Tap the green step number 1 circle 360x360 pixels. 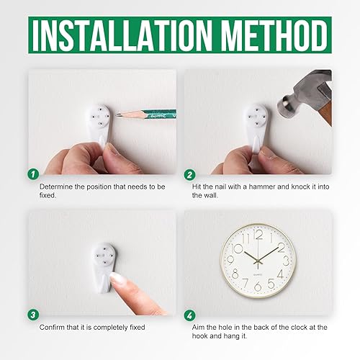(x=32, y=173)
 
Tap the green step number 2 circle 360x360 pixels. (x=189, y=173)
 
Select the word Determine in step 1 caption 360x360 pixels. (x=56, y=186)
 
